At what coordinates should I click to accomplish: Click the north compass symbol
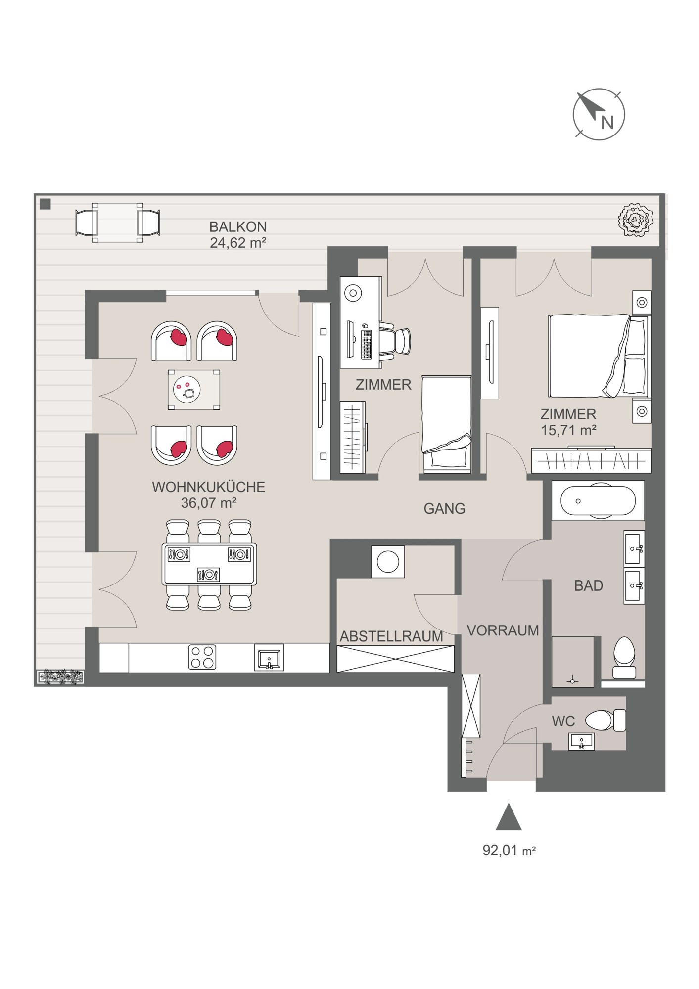point(599,115)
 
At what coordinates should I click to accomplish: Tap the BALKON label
point(238,227)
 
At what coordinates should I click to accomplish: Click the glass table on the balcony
point(118,223)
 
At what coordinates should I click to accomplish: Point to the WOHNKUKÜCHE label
point(208,487)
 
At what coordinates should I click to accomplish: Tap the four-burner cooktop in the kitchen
point(202,657)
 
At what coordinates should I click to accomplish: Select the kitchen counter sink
point(269,657)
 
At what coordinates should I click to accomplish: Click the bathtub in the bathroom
point(598,501)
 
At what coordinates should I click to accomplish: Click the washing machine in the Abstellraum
point(388,562)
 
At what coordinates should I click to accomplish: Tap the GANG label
point(444,508)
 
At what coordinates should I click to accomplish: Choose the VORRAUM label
point(503,630)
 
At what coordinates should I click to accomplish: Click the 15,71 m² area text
point(568,430)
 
